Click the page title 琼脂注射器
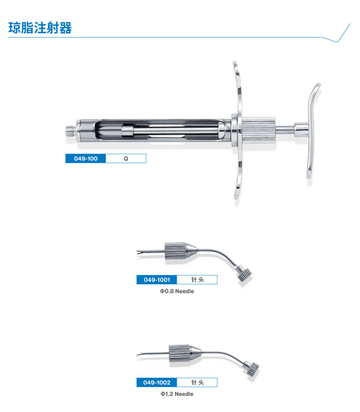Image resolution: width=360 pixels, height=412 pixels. click(40, 28)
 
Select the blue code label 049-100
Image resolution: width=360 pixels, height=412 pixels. click(86, 159)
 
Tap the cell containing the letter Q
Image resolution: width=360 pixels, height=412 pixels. click(126, 159)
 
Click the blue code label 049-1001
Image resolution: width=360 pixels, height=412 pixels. click(157, 280)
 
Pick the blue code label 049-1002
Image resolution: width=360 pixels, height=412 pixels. click(157, 383)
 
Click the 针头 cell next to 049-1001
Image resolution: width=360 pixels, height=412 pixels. click(197, 280)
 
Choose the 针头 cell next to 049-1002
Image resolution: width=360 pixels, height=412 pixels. click(197, 383)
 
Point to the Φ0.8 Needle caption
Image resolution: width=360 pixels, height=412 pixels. click(177, 291)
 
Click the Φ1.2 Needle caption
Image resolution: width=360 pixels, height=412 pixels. click(177, 394)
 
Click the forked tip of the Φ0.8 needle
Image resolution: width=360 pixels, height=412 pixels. click(140, 252)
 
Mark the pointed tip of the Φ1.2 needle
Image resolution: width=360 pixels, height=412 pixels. click(140, 354)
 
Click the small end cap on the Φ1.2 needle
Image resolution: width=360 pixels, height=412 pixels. click(252, 368)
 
